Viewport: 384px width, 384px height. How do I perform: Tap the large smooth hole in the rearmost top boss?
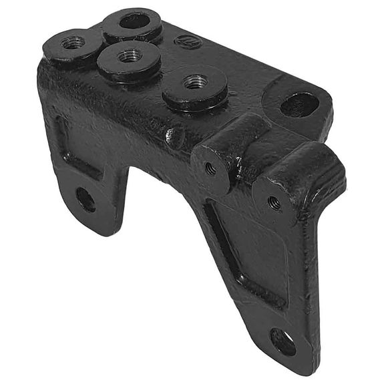[134, 21]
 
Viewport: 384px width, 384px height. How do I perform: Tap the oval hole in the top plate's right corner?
[299, 104]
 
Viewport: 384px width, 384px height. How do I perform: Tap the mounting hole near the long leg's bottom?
[283, 341]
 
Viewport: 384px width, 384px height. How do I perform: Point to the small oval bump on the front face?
[176, 136]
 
